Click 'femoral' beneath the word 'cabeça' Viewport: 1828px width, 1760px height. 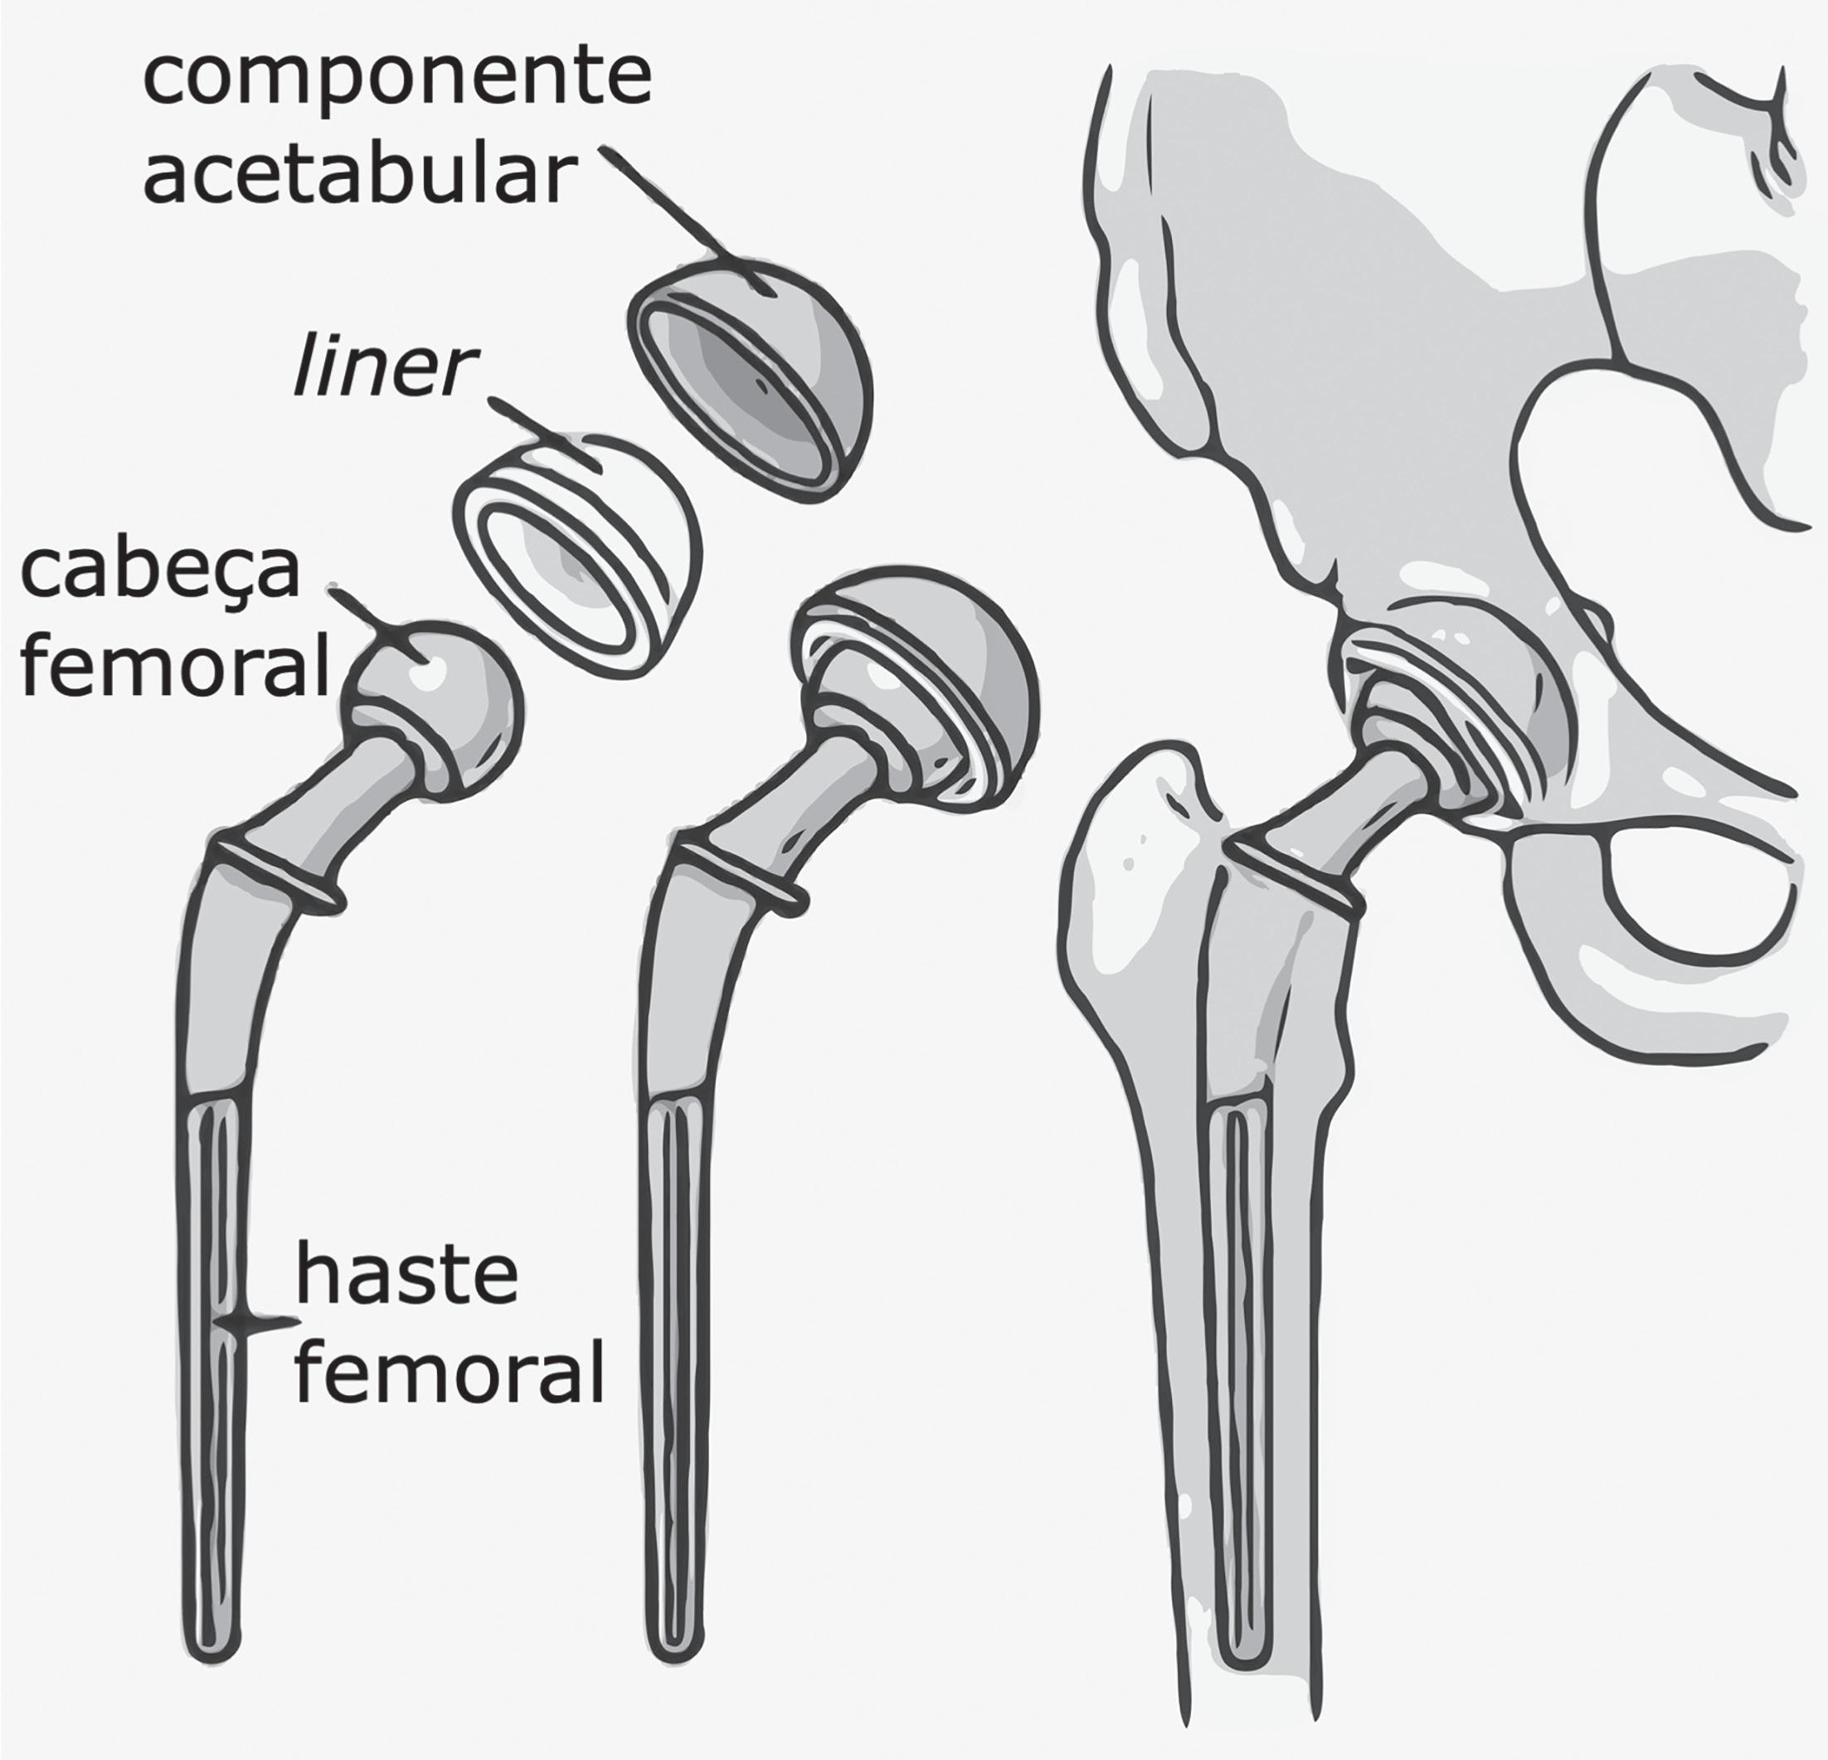[x=175, y=664]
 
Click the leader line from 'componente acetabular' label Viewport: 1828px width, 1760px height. [x=690, y=224]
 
